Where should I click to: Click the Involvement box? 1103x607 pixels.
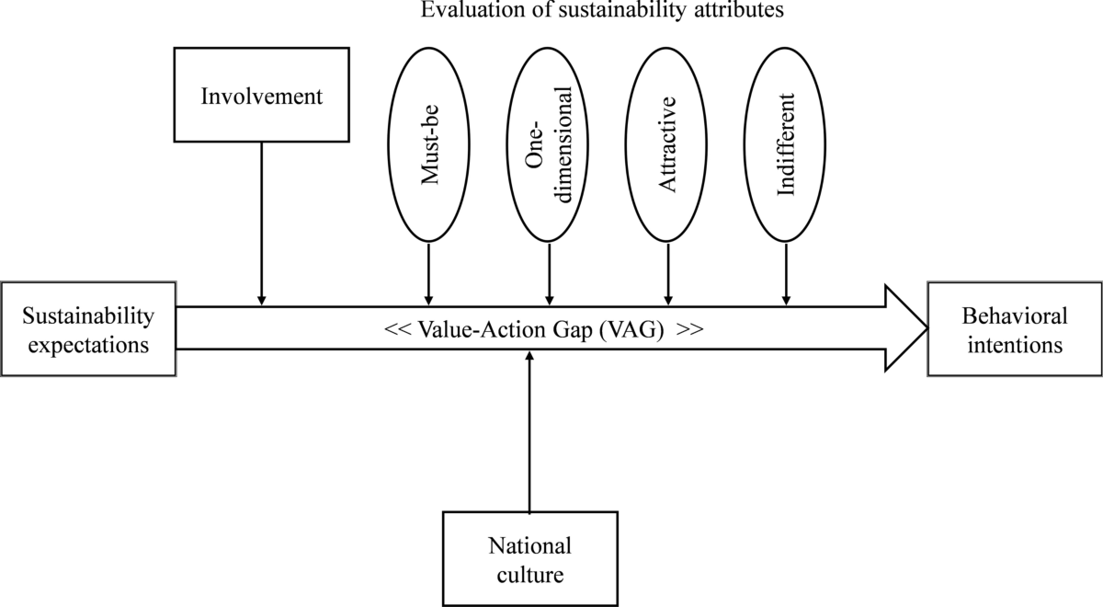pos(262,97)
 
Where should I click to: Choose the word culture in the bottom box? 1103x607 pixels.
pos(529,576)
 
